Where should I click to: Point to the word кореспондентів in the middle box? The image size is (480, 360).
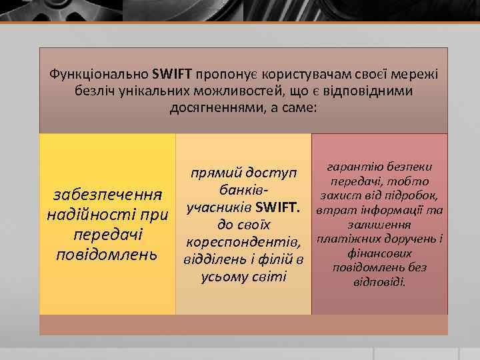[x=243, y=241]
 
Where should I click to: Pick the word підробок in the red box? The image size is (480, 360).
[x=411, y=195]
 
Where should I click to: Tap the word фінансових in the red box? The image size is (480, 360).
[x=379, y=253]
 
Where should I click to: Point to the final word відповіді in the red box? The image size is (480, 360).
[x=379, y=282]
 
